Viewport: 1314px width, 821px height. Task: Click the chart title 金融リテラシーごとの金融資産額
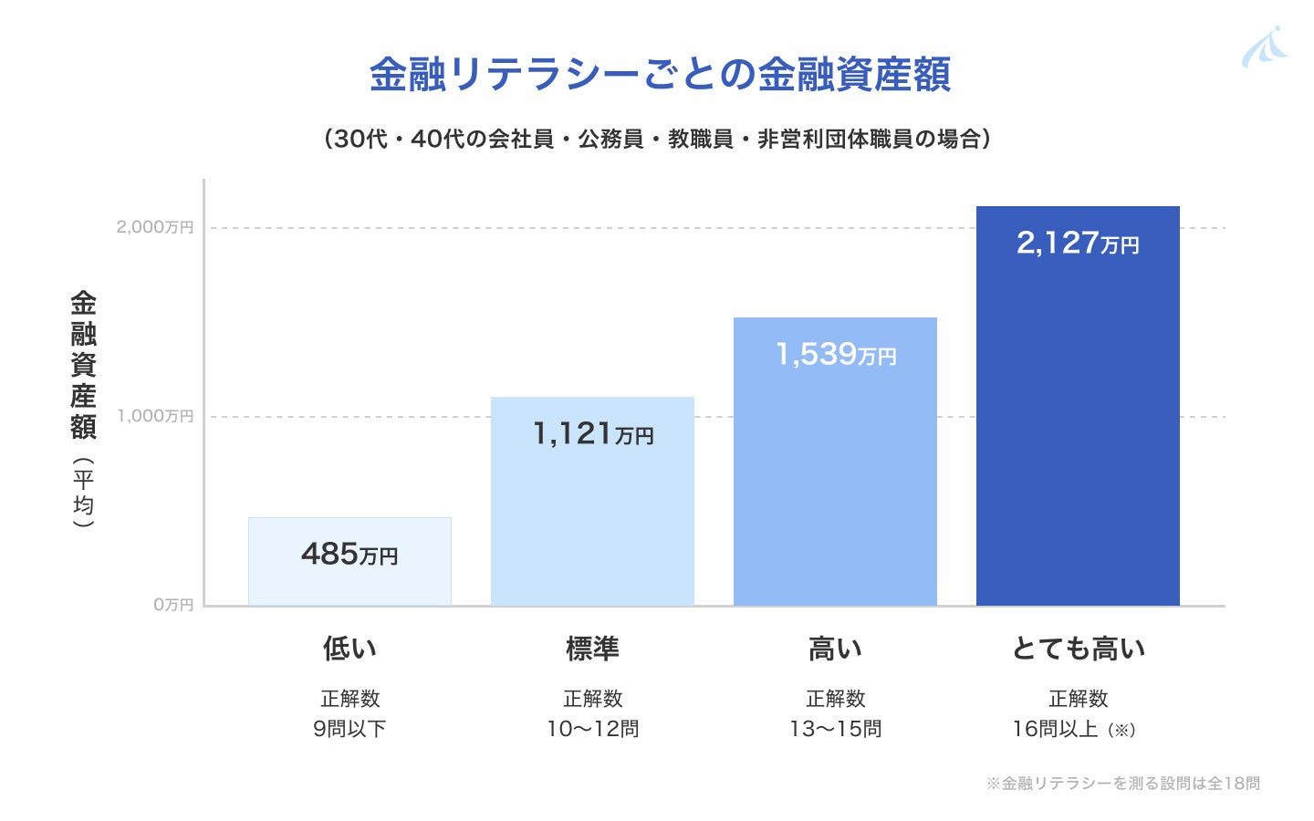(x=659, y=75)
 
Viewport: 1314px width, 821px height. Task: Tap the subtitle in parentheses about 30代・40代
(x=657, y=139)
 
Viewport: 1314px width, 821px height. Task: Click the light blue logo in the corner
(x=1264, y=47)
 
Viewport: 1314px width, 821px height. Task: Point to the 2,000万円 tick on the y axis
(x=155, y=227)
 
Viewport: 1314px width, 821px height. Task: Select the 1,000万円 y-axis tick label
(x=155, y=416)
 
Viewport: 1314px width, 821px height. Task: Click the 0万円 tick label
(x=173, y=605)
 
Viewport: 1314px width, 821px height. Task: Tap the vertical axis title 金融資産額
(x=83, y=365)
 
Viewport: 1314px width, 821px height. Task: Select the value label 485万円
(x=349, y=554)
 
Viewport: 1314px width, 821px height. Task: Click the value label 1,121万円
(x=592, y=433)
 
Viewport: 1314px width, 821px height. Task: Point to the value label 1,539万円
(x=835, y=354)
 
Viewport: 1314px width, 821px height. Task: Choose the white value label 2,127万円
(x=1078, y=243)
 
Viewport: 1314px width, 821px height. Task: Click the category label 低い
(x=349, y=649)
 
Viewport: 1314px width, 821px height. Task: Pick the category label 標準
(x=592, y=649)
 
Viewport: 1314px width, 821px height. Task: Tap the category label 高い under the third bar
(x=835, y=649)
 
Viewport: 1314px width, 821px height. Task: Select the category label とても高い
(x=1078, y=649)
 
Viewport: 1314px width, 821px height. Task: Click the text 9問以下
(x=349, y=729)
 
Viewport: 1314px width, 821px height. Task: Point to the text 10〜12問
(x=592, y=729)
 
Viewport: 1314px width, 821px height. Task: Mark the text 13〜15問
(x=835, y=729)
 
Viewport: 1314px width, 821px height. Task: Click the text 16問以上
(x=1056, y=729)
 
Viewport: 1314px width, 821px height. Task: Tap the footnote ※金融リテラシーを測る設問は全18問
(x=1122, y=783)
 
